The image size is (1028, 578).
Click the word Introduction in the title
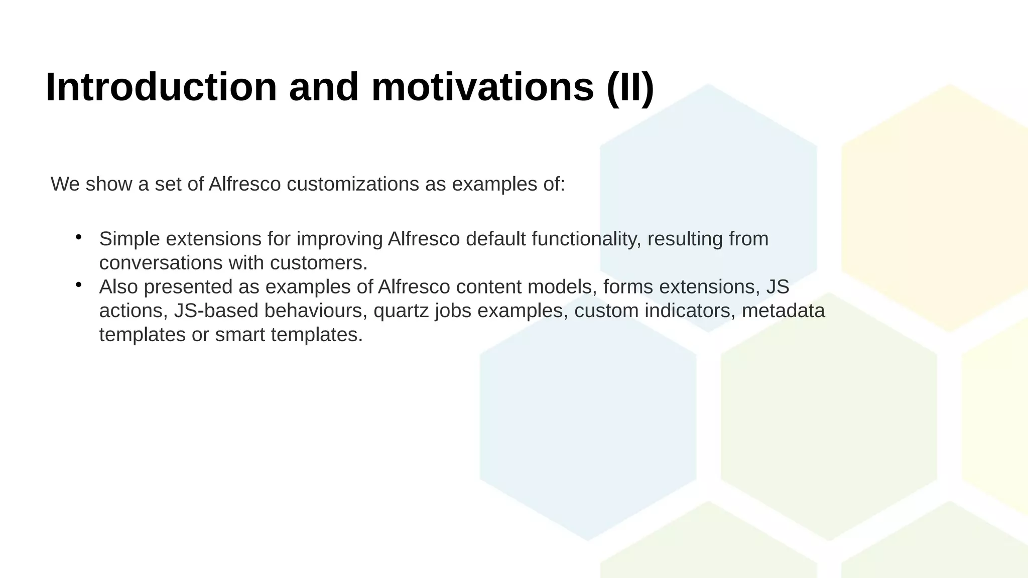coord(161,87)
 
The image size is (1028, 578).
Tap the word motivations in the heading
coord(482,87)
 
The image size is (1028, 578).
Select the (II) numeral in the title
coord(630,87)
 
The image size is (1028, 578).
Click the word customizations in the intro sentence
coord(352,184)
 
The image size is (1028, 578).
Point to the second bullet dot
coord(78,285)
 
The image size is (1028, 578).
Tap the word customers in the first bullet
coord(319,263)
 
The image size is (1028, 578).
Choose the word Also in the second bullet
coord(118,287)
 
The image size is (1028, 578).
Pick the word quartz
coord(401,311)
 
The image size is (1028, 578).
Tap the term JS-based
coord(216,311)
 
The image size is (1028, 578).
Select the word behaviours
coord(313,311)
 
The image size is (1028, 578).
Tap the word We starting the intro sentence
coord(65,184)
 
